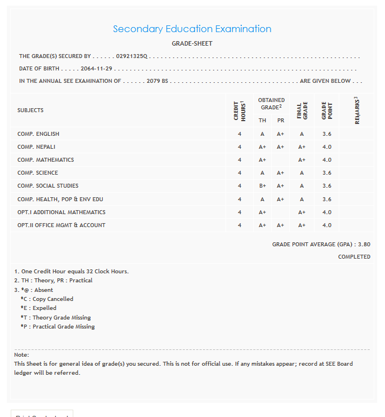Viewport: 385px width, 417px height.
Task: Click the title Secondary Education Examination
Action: click(192, 29)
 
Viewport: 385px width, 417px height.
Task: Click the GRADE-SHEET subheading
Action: click(192, 43)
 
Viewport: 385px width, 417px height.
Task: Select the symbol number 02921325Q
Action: click(131, 56)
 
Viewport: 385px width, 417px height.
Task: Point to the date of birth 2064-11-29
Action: click(96, 69)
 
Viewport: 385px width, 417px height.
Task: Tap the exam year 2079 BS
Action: click(157, 81)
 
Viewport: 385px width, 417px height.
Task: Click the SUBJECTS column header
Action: click(30, 110)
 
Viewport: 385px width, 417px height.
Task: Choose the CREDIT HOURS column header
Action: click(240, 110)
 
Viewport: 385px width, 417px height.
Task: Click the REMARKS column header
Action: click(357, 110)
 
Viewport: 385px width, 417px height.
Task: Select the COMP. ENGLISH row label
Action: click(38, 134)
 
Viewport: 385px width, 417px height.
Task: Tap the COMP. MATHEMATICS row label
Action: click(46, 160)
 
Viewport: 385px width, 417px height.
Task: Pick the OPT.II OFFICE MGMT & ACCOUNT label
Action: click(61, 225)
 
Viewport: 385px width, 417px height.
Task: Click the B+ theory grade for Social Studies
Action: click(262, 186)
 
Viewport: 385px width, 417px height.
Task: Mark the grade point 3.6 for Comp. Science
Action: click(327, 173)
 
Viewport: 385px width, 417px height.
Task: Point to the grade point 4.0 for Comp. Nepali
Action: click(327, 147)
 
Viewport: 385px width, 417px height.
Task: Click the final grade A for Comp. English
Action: click(302, 134)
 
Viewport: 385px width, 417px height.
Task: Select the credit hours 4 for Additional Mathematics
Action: click(240, 212)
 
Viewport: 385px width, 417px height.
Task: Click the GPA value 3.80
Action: click(364, 245)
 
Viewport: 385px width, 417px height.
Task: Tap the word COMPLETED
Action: click(354, 257)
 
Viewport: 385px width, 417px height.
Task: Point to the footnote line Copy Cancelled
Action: click(47, 299)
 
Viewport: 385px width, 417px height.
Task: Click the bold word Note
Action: click(21, 355)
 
